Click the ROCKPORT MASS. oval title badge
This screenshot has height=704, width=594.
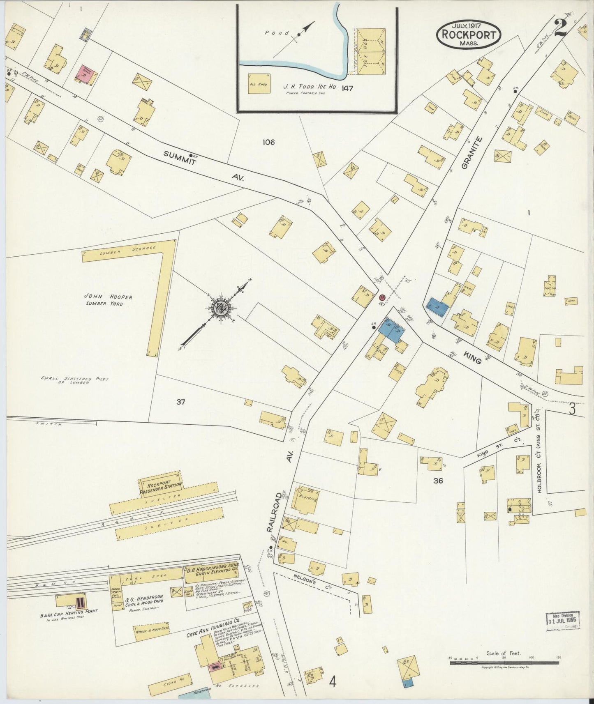tap(469, 35)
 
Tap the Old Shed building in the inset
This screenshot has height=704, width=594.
tap(259, 84)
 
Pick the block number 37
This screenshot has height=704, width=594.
tap(180, 402)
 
